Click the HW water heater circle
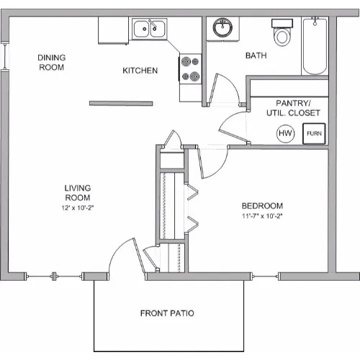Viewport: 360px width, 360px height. pyautogui.click(x=285, y=133)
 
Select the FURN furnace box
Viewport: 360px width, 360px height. pyautogui.click(x=314, y=134)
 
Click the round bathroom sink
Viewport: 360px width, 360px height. pyautogui.click(x=222, y=27)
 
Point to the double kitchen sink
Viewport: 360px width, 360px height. pyautogui.click(x=149, y=29)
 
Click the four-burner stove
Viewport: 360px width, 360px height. pyautogui.click(x=190, y=68)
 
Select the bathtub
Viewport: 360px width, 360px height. pyautogui.click(x=315, y=46)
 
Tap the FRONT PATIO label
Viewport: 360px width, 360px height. pyautogui.click(x=167, y=313)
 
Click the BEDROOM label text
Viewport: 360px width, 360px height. pyautogui.click(x=262, y=206)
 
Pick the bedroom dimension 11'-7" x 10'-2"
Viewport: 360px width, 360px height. pyautogui.click(x=262, y=216)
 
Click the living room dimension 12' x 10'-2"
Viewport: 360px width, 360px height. pyautogui.click(x=77, y=207)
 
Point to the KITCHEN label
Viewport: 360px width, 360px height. pyautogui.click(x=140, y=71)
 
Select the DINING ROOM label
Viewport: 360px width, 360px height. pyautogui.click(x=52, y=63)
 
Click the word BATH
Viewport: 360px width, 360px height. pyautogui.click(x=256, y=55)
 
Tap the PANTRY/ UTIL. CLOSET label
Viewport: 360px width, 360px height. pyautogui.click(x=293, y=108)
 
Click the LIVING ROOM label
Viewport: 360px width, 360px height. pyautogui.click(x=78, y=193)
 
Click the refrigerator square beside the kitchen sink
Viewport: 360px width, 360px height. pyautogui.click(x=113, y=30)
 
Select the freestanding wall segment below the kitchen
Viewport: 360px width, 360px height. pyautogui.click(x=121, y=103)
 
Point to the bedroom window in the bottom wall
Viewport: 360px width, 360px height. pyautogui.click(x=265, y=276)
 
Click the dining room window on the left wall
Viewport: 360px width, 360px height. pyautogui.click(x=5, y=55)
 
